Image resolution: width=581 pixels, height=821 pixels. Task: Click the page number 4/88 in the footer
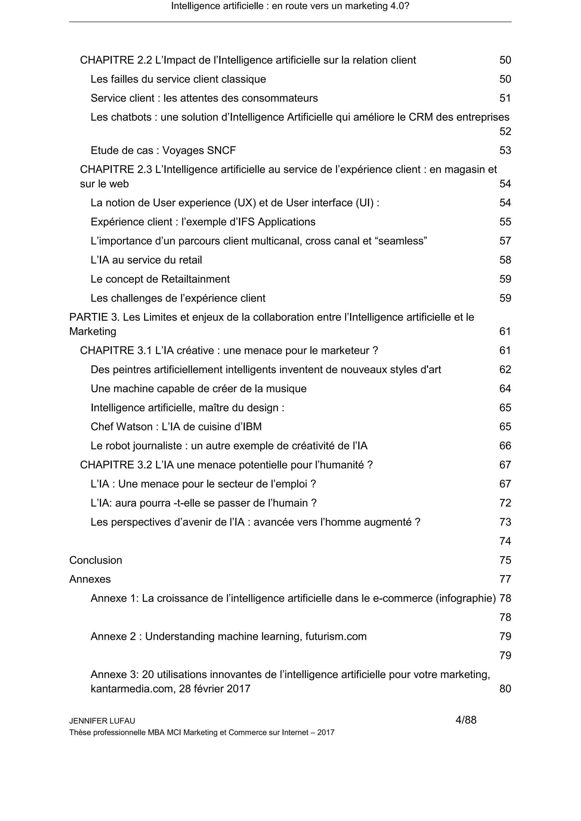click(x=466, y=720)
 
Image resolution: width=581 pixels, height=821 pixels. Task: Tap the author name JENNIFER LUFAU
click(x=102, y=721)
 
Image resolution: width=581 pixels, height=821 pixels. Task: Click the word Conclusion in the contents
click(x=96, y=560)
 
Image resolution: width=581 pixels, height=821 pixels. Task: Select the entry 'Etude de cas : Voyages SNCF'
click(x=163, y=151)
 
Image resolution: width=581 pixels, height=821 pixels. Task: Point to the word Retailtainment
click(x=195, y=279)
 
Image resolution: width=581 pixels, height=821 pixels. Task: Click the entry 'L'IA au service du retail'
click(x=146, y=260)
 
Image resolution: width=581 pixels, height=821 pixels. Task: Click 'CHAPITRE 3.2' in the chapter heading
click(x=116, y=465)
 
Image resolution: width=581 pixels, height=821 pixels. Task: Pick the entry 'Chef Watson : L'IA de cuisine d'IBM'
click(x=176, y=427)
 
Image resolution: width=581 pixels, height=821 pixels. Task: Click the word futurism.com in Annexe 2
click(x=336, y=636)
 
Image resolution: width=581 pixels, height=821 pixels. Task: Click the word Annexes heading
click(x=90, y=579)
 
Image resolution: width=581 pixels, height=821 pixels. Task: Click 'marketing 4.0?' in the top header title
click(x=377, y=6)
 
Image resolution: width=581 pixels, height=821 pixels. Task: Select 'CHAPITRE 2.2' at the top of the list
click(x=116, y=60)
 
